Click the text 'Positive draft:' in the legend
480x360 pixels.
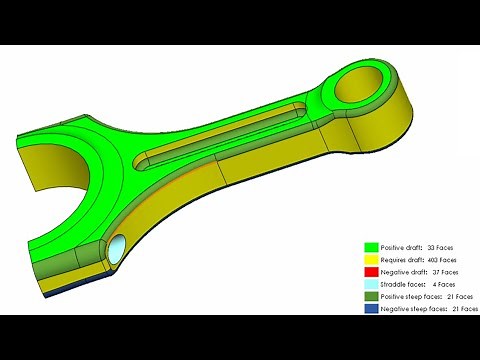(401, 246)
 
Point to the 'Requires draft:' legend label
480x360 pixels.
(402, 259)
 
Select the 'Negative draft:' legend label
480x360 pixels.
(402, 272)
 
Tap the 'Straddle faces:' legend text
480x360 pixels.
(402, 285)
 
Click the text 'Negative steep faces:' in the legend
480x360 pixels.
(408, 310)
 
